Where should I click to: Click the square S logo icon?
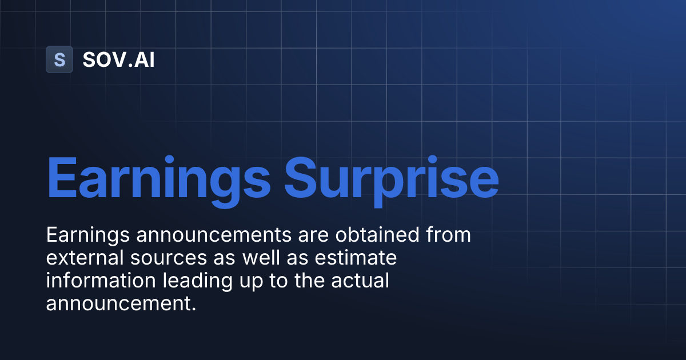click(x=59, y=59)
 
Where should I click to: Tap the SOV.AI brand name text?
click(x=118, y=59)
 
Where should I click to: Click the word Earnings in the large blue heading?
click(x=158, y=178)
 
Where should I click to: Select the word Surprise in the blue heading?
click(x=392, y=178)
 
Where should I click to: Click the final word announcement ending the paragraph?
click(x=121, y=304)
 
